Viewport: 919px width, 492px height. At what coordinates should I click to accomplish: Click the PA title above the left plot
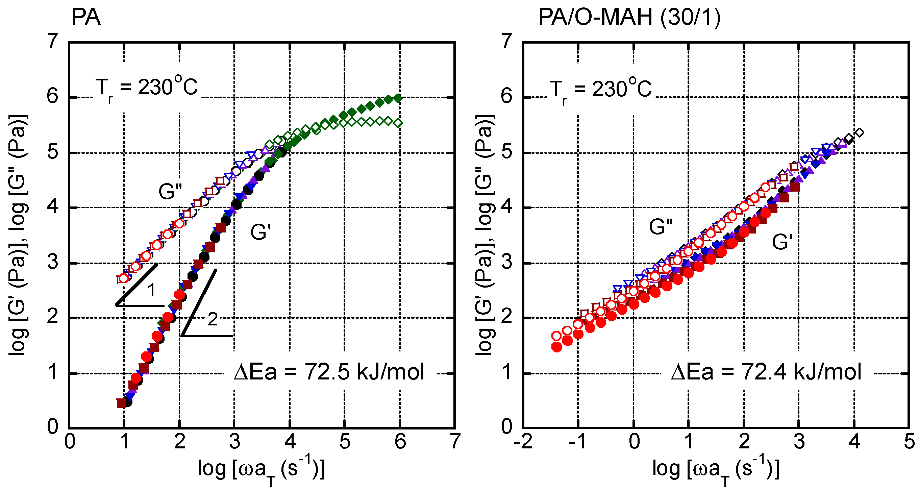86,17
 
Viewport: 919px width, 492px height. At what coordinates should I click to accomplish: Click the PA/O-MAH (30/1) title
629,17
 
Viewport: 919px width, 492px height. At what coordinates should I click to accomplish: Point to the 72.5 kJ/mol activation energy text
329,372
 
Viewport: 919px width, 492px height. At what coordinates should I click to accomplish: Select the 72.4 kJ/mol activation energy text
766,372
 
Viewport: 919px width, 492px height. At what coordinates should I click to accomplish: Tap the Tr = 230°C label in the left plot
146,88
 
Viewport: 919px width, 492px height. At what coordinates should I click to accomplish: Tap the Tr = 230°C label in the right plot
600,89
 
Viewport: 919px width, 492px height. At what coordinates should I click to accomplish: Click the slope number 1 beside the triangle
152,290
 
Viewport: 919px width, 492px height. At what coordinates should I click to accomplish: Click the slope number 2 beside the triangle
213,319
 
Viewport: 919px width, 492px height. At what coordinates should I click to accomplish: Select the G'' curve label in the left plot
170,192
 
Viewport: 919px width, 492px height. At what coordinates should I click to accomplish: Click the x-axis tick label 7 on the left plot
455,442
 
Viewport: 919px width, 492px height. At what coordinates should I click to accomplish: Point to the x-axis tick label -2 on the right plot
523,442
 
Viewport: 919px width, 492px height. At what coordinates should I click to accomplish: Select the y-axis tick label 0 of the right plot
506,426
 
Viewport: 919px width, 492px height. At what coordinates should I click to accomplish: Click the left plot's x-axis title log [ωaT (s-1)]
261,469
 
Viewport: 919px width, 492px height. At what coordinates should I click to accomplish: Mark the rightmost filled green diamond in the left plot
398,98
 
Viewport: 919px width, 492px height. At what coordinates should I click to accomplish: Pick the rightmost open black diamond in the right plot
860,133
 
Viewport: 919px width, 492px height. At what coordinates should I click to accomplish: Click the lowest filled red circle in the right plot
556,347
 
